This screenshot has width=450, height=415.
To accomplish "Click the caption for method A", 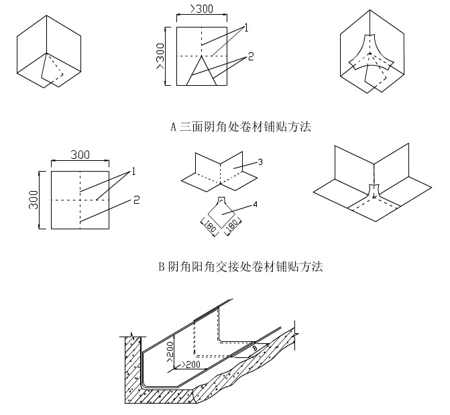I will (241, 126).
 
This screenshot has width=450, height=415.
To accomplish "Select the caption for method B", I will (241, 267).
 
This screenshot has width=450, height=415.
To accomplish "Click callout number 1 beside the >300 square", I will (247, 27).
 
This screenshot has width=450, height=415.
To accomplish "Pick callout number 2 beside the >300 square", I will (250, 56).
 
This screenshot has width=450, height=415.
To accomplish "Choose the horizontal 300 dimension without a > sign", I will (80, 154).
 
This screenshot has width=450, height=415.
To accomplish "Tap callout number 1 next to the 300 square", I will (133, 172).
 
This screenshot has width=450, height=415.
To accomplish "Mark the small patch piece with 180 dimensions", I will (221, 213).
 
